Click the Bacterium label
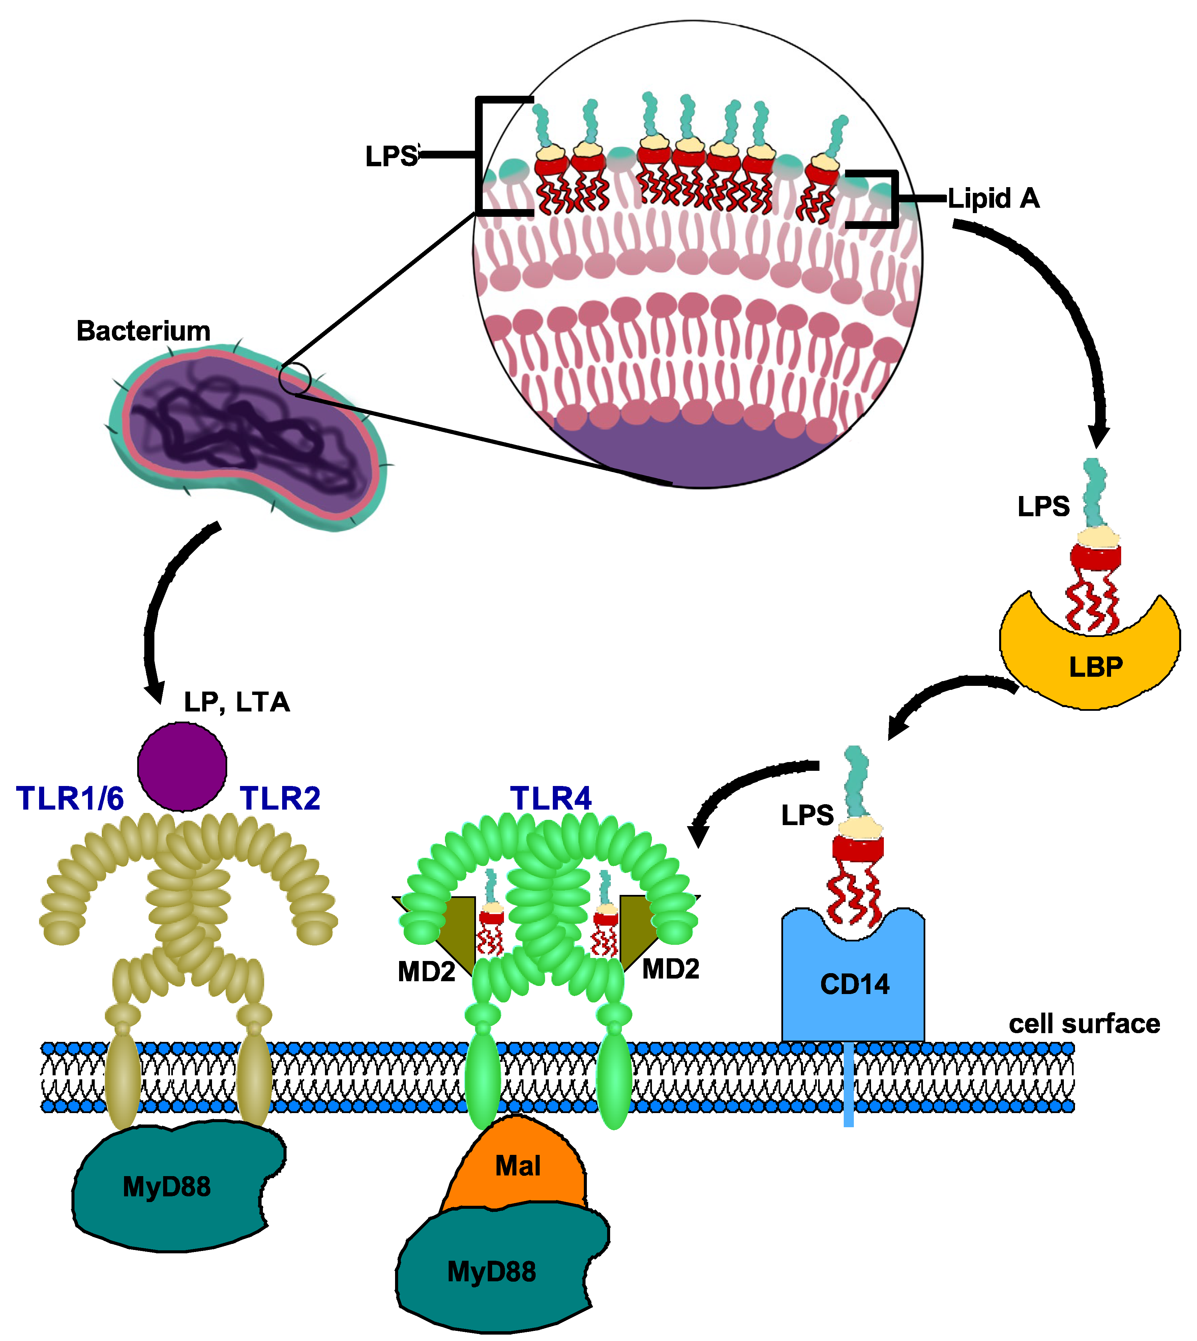[143, 331]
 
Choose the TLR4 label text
[551, 798]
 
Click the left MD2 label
[426, 972]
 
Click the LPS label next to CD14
[807, 816]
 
